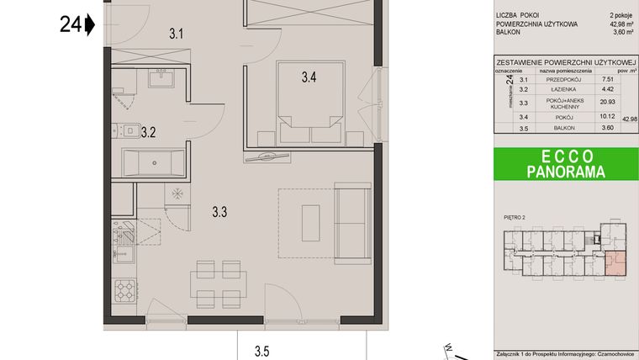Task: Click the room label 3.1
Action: (177, 34)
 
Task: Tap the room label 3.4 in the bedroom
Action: (309, 79)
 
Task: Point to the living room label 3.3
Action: (219, 213)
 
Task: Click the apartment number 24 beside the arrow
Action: (71, 25)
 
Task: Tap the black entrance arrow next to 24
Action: (90, 25)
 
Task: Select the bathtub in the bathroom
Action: (153, 162)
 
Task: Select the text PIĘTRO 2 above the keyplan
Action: (514, 218)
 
